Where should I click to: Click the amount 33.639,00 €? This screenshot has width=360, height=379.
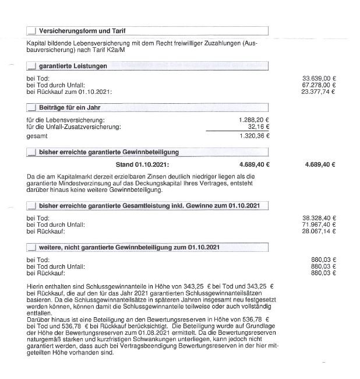tap(320, 78)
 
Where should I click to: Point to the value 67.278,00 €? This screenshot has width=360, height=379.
tap(320, 85)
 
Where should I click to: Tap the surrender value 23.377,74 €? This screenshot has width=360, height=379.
tap(320, 92)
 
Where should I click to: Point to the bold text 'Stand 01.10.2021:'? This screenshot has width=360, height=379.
tap(143, 164)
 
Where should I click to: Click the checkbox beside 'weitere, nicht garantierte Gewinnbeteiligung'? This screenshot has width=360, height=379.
tap(32, 248)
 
